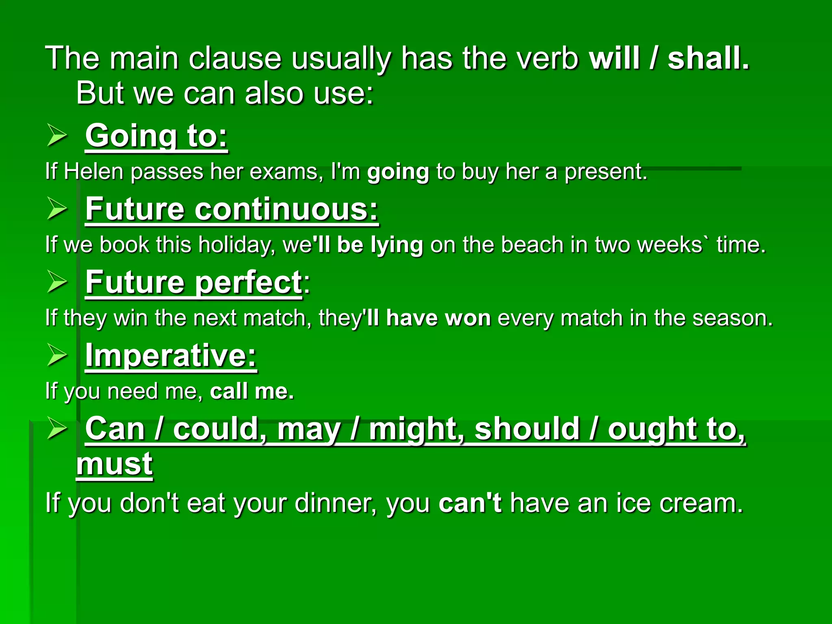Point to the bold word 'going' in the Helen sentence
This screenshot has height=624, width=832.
click(x=398, y=172)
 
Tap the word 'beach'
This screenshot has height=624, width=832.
click(x=532, y=245)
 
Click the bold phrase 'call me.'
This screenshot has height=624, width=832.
click(x=252, y=391)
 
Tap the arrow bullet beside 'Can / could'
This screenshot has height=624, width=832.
click(x=56, y=429)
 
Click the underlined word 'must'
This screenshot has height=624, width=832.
click(x=114, y=464)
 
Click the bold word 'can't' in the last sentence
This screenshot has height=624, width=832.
click(x=470, y=503)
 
